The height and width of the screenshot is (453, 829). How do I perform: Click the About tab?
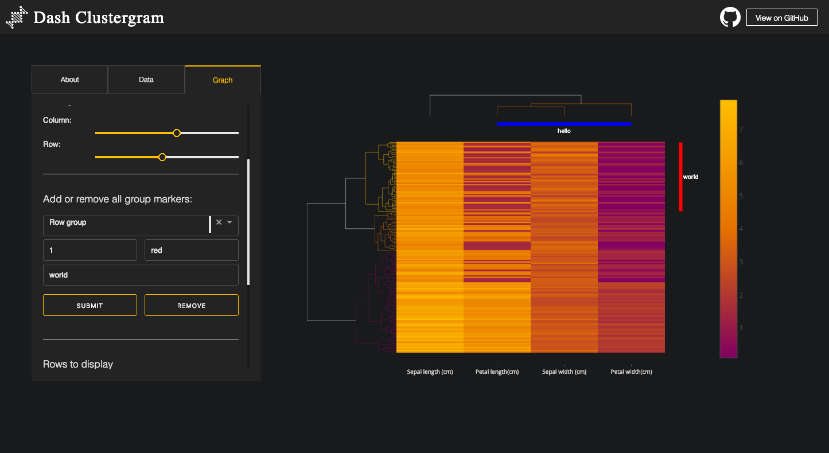[x=69, y=80]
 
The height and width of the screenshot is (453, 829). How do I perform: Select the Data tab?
[x=146, y=80]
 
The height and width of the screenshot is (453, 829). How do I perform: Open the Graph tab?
[x=223, y=80]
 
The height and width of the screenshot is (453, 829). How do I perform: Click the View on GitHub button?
[x=781, y=18]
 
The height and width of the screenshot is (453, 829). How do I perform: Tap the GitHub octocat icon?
[x=730, y=17]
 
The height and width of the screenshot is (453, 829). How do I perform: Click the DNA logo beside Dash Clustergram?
[x=17, y=17]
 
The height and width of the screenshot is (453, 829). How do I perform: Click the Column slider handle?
[x=177, y=133]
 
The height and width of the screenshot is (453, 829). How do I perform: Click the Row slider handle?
[x=162, y=157]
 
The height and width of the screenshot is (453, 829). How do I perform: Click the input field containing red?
[x=191, y=251]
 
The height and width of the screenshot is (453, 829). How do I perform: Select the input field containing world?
[x=141, y=275]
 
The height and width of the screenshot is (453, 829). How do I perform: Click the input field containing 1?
[x=90, y=251]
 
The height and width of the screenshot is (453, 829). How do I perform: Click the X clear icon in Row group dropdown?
[x=219, y=222]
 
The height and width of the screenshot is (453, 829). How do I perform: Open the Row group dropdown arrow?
[x=229, y=222]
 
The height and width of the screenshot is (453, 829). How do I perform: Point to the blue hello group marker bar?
[x=564, y=124]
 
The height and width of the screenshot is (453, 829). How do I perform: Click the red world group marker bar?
[x=680, y=177]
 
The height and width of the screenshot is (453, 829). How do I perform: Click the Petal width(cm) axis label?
[x=631, y=372]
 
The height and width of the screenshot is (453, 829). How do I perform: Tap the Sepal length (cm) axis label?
[x=430, y=372]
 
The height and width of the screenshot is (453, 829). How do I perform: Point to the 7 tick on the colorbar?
[x=741, y=130]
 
